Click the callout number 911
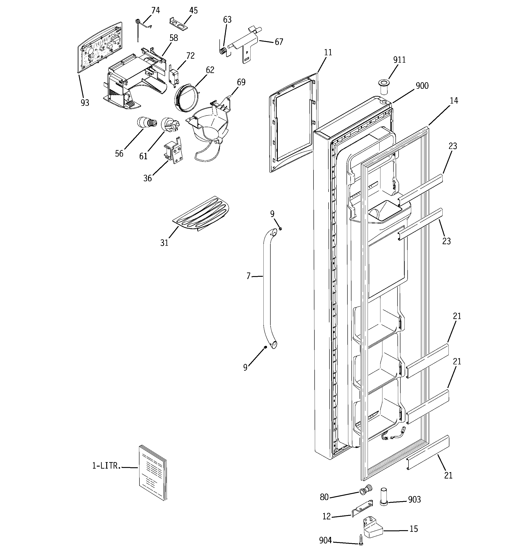coord(399,60)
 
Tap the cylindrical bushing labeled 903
coord(383,496)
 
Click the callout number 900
coord(422,86)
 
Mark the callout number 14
coord(454,101)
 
